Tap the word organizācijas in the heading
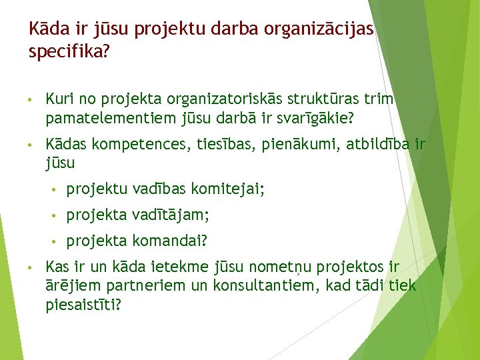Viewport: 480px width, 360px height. click(x=319, y=29)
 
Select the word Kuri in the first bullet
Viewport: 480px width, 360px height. click(x=58, y=99)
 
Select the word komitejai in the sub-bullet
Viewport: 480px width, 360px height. click(x=228, y=190)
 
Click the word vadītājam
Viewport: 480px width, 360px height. click(x=171, y=215)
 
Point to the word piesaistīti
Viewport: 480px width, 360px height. click(x=83, y=305)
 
